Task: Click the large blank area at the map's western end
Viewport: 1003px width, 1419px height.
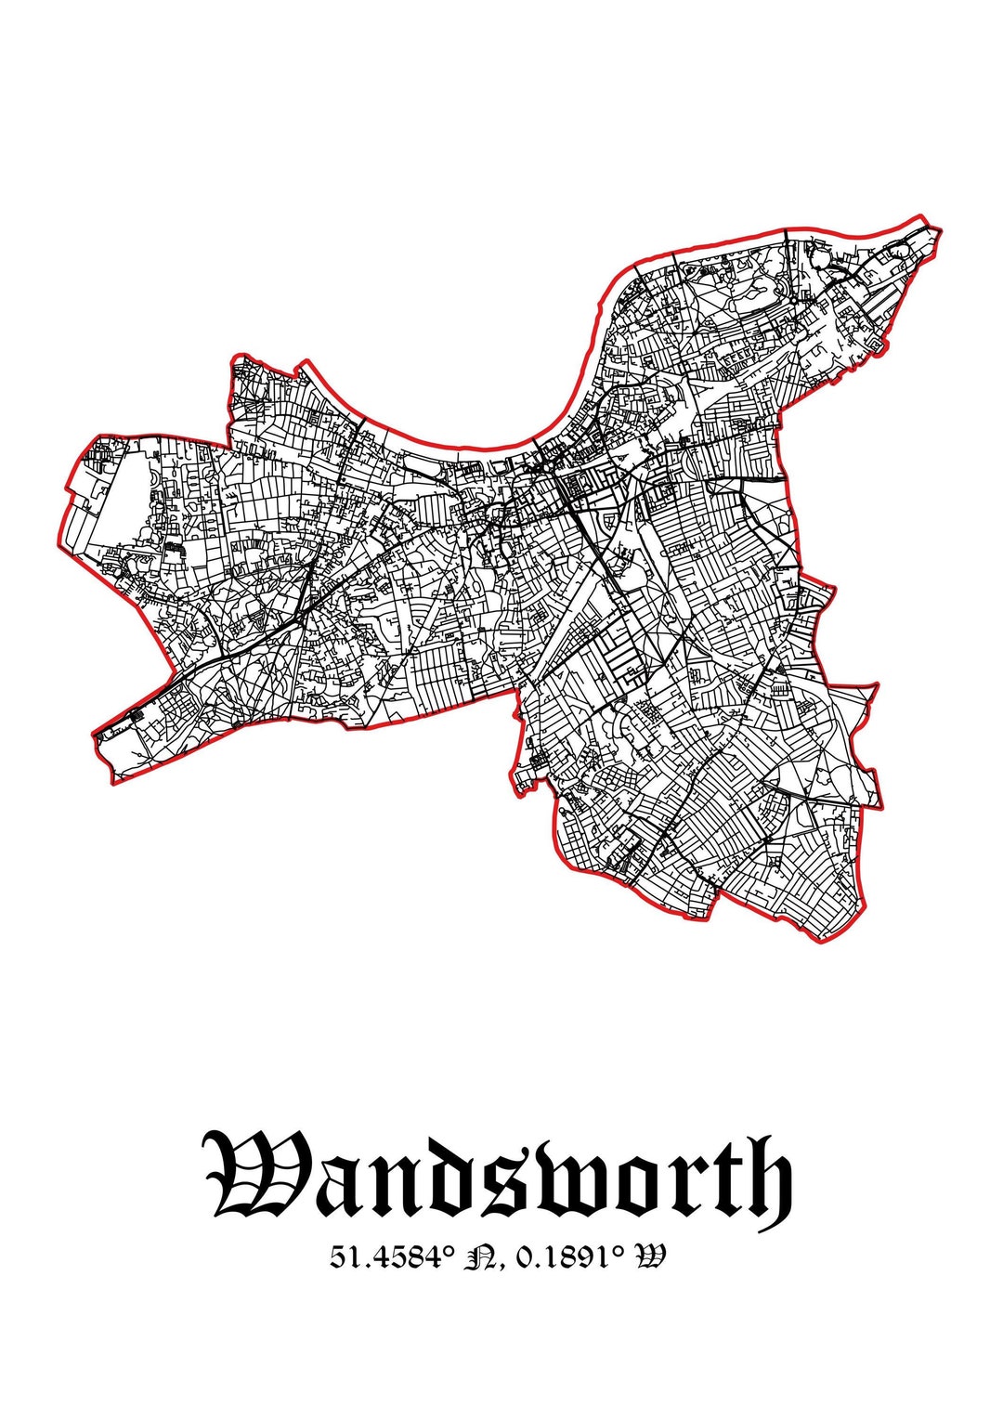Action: point(121,501)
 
